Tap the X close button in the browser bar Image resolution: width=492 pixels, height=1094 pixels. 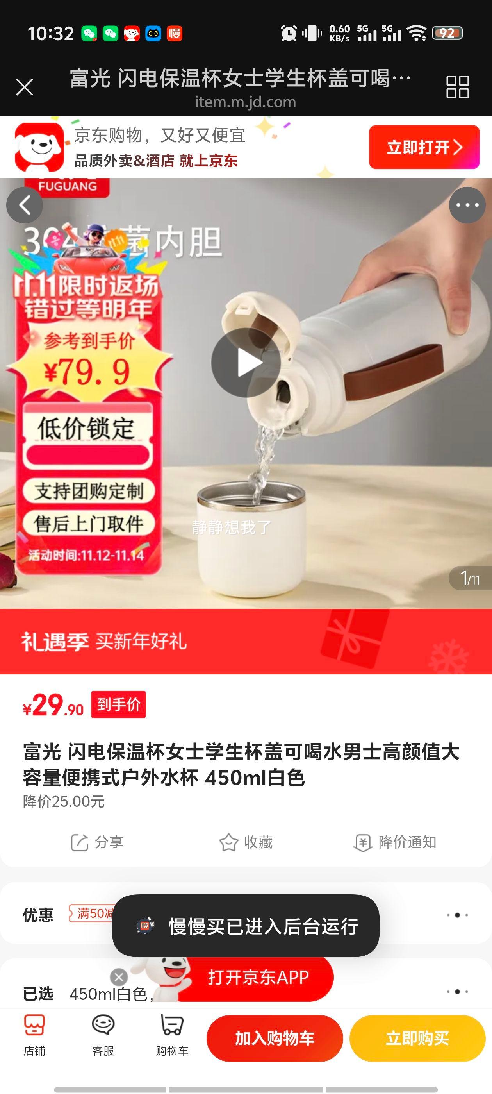[24, 88]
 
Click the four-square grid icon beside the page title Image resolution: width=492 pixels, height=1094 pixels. [457, 88]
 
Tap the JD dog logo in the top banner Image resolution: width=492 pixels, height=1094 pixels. [39, 147]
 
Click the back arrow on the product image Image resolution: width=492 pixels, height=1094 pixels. [25, 205]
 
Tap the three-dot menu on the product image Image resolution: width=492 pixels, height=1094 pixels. [467, 205]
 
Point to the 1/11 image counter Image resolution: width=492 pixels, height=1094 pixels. [470, 578]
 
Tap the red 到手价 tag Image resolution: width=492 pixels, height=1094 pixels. [118, 704]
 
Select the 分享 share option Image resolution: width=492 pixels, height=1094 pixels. [97, 842]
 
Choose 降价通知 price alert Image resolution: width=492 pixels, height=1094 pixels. [395, 842]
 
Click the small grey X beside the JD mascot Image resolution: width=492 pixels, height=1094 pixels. [119, 977]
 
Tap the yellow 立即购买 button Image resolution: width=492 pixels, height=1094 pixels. [417, 1039]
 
